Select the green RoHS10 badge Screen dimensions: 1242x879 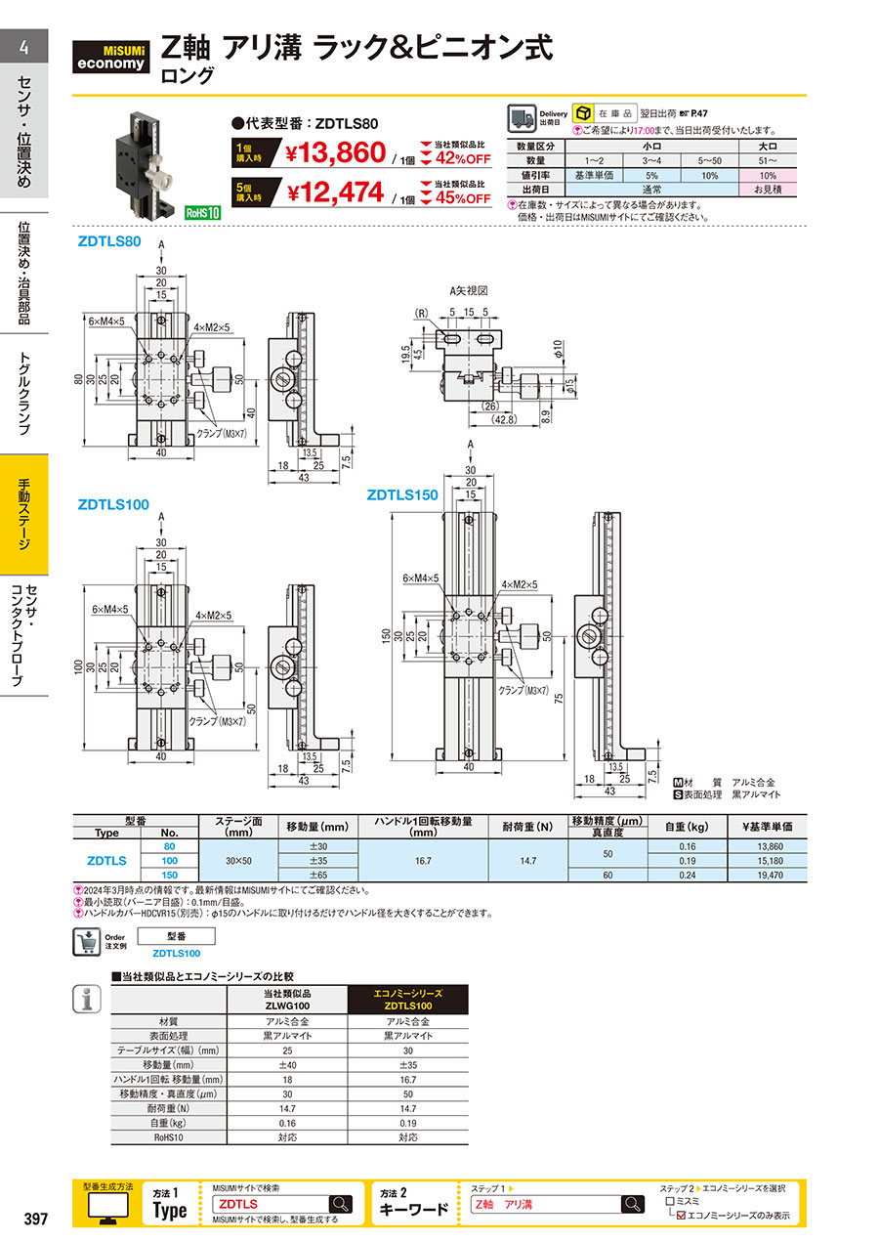[202, 211]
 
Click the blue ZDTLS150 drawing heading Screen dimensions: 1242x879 [401, 494]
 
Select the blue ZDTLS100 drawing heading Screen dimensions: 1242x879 [113, 504]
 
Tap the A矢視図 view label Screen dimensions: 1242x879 [468, 290]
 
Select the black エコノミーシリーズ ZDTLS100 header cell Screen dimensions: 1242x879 [408, 999]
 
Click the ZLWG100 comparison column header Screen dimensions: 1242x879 [287, 999]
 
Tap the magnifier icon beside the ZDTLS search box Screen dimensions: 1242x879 [340, 1204]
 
